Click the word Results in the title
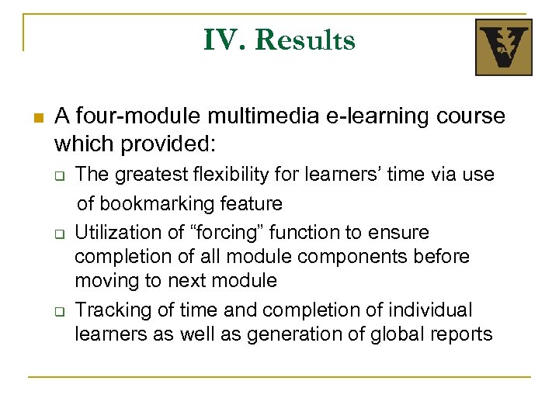click(304, 40)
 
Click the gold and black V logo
click(503, 47)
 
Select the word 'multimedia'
click(248, 116)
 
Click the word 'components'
click(319, 256)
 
